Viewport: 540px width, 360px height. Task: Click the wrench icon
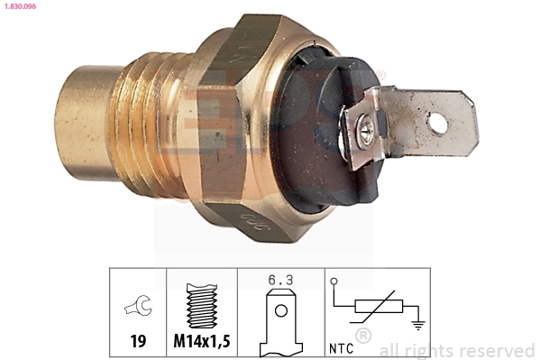pyautogui.click(x=138, y=309)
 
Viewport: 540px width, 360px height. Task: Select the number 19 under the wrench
pyautogui.click(x=138, y=341)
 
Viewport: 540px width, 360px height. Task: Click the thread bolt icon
pyautogui.click(x=201, y=306)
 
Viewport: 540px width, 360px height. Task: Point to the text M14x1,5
pyautogui.click(x=202, y=341)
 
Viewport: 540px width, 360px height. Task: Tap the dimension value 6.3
pyautogui.click(x=280, y=281)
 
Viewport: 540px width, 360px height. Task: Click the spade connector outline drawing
pyautogui.click(x=280, y=320)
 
